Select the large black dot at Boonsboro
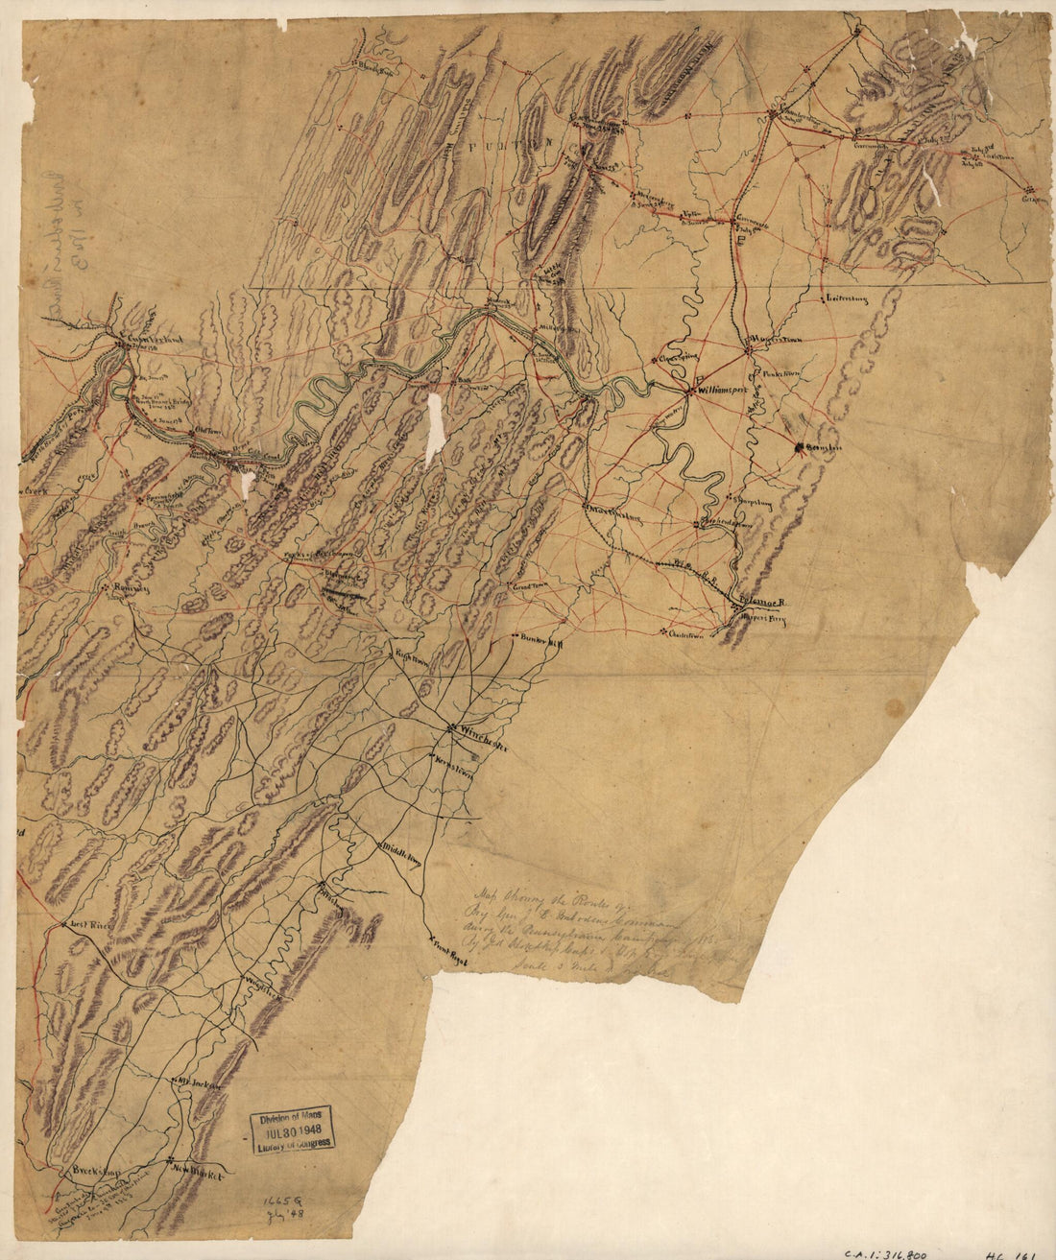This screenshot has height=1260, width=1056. point(798,446)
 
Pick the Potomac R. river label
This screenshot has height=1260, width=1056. point(764,600)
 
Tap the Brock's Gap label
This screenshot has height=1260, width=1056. point(93,1172)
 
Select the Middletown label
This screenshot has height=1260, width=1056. point(401,852)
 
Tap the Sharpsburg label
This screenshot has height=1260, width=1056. point(756,501)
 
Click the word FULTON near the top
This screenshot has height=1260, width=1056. point(509,140)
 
